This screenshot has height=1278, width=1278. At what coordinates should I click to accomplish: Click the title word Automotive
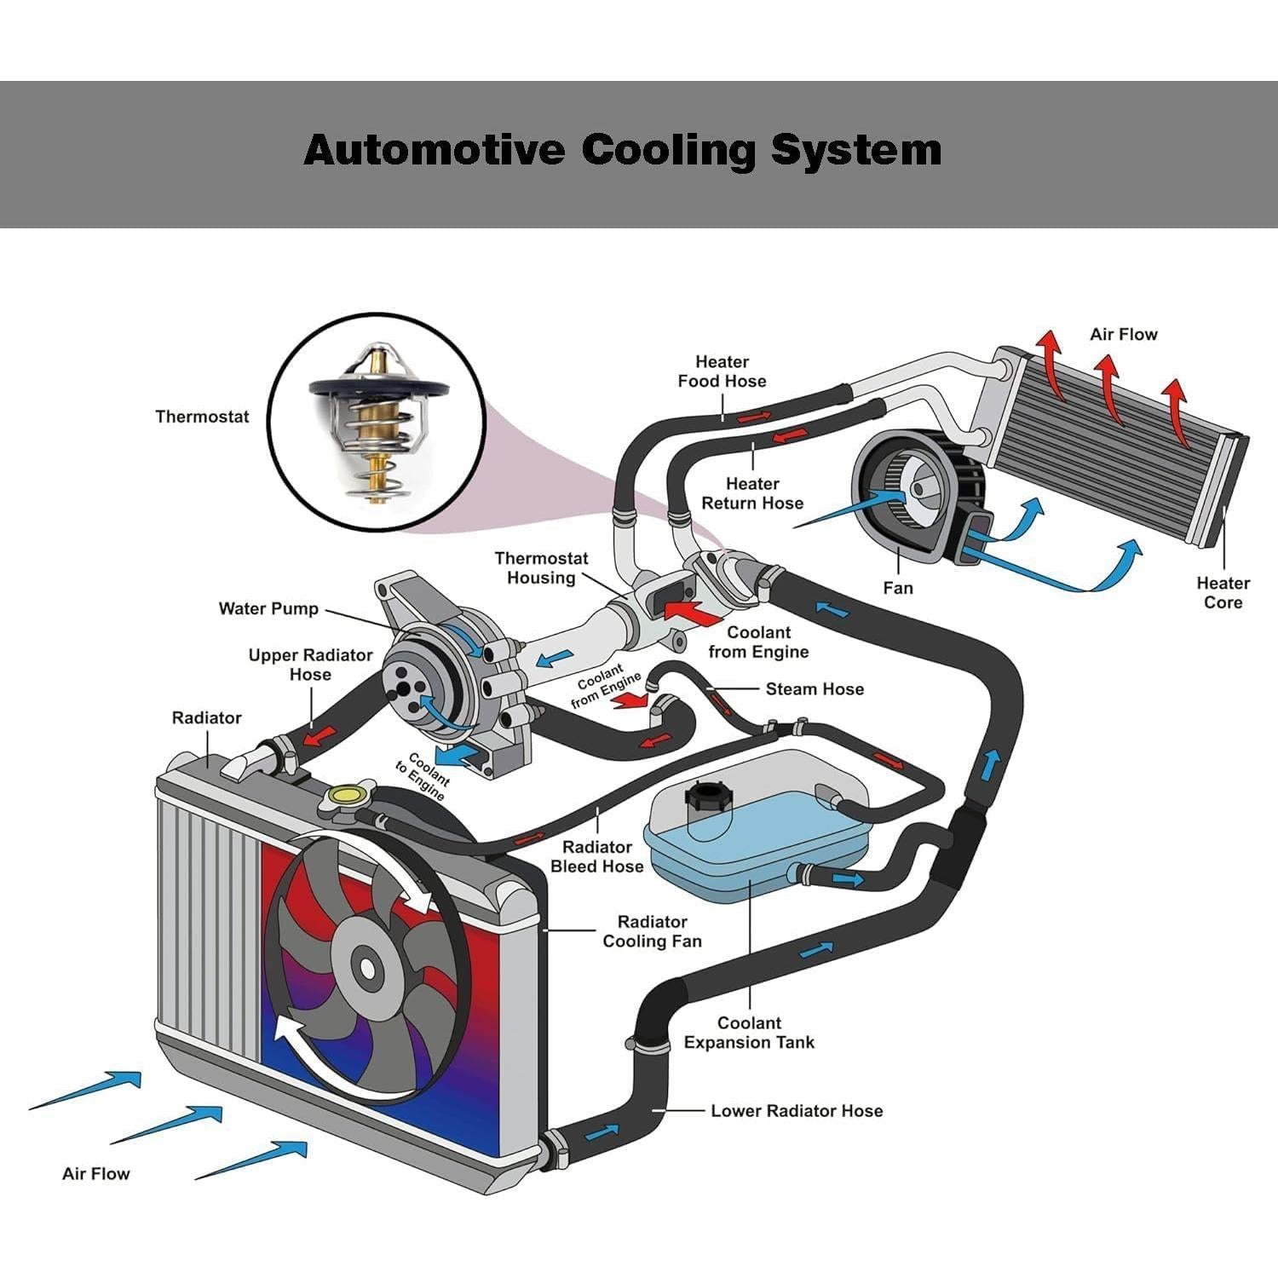coord(434,150)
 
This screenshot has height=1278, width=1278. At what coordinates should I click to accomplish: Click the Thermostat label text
coord(202,417)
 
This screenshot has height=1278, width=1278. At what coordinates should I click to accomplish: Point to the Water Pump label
coord(268,608)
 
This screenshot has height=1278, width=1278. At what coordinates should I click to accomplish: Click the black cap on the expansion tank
coord(706,799)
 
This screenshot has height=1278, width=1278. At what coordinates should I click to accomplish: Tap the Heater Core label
coord(1223,593)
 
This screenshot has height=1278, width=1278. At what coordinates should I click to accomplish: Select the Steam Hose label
coord(815,689)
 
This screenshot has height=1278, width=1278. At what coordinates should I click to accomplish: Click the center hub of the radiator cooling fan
coord(367,969)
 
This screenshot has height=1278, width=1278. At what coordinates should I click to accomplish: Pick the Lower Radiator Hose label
coord(797,1111)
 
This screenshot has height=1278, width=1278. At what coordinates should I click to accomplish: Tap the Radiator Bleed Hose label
coord(596,857)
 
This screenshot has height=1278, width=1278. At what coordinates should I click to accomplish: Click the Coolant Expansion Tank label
coord(749,1033)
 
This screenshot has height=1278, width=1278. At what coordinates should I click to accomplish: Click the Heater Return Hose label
coord(752,493)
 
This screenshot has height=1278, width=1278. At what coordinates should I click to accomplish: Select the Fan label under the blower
coord(898,588)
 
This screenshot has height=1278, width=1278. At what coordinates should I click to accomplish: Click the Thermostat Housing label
coord(541,568)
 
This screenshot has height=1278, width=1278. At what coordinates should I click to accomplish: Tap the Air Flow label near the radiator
coord(96,1174)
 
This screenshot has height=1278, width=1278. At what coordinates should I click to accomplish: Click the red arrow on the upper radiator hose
coord(319,734)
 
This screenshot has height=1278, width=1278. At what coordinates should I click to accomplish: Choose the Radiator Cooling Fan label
coord(652,931)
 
